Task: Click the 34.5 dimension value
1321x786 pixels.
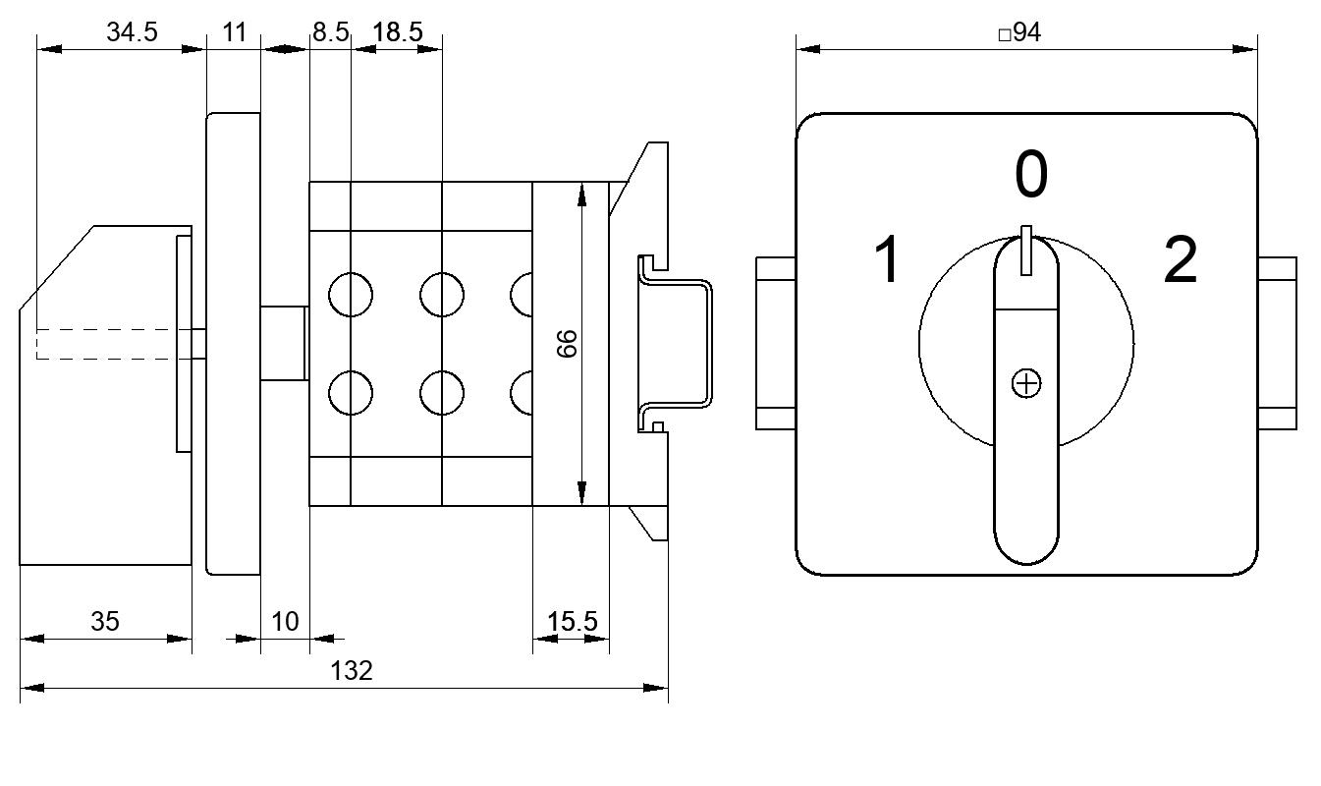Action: click(132, 31)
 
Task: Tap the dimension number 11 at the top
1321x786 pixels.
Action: click(234, 31)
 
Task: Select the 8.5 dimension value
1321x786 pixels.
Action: click(330, 31)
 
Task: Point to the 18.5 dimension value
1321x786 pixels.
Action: click(398, 31)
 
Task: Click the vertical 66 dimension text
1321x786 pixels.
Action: click(567, 344)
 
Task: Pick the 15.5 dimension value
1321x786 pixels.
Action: click(572, 621)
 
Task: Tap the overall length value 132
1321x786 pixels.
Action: click(352, 671)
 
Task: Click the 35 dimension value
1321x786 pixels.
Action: click(105, 621)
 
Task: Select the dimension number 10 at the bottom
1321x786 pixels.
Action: click(285, 621)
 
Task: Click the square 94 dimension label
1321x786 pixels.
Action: click(1019, 31)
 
